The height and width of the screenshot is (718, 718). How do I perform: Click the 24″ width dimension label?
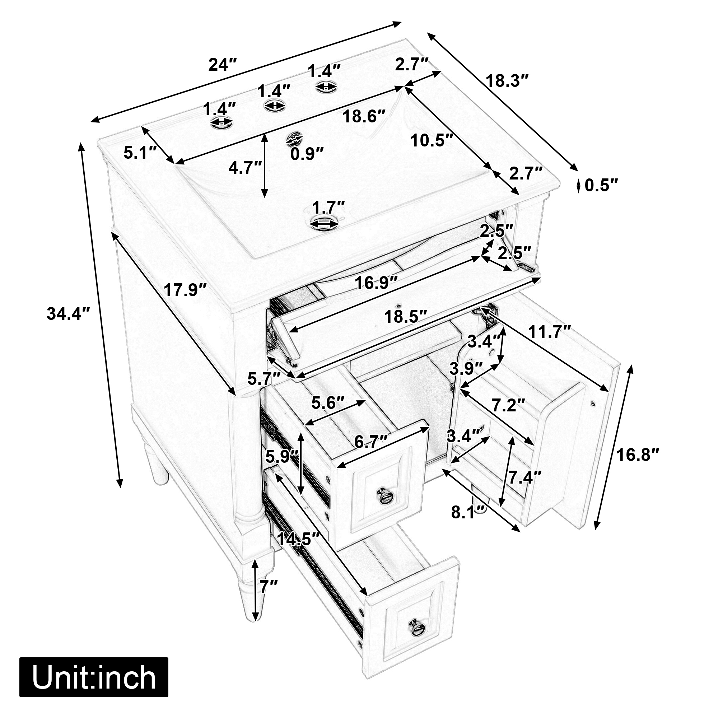tap(223, 65)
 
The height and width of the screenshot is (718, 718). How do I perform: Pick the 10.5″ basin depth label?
tap(432, 140)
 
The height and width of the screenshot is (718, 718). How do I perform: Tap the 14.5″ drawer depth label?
tap(299, 539)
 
